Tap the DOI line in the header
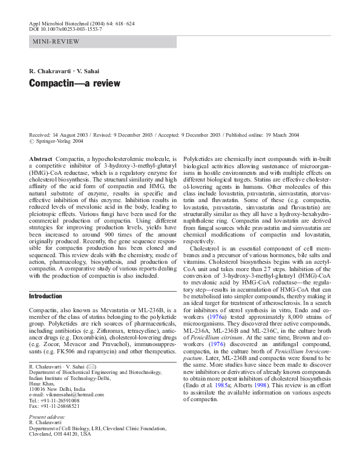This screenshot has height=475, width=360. (x=65, y=28)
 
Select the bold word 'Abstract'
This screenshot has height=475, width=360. (x=41, y=157)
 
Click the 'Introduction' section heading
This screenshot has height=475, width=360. (x=45, y=296)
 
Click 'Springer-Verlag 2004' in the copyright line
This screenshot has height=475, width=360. (x=61, y=141)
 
